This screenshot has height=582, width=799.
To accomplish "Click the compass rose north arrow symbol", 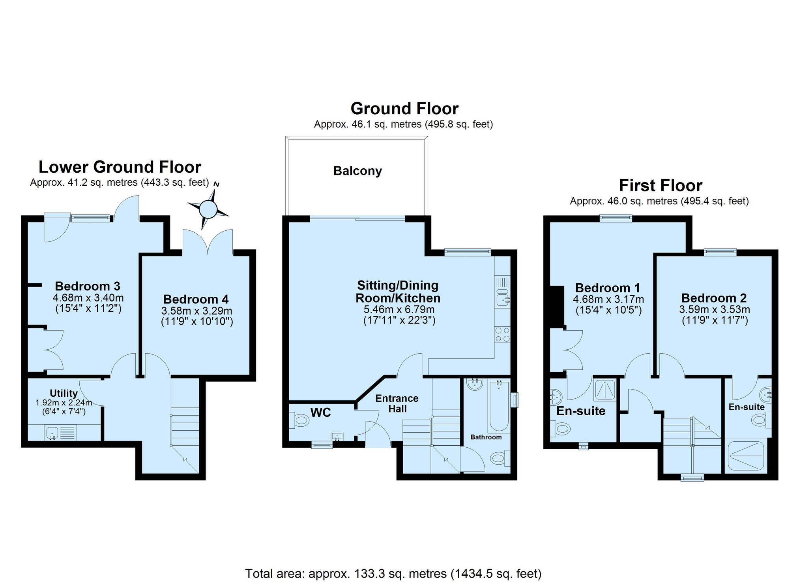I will (208, 209).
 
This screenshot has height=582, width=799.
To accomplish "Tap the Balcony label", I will (357, 171).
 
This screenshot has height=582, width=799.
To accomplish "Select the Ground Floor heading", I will (404, 108).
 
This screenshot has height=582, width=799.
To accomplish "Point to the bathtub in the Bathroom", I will (499, 406).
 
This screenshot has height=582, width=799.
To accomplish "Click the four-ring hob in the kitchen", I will (502, 334).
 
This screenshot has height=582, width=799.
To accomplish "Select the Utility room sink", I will (53, 433).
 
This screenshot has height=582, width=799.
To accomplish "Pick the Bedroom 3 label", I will (88, 286).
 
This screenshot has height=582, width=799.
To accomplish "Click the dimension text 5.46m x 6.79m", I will (399, 309).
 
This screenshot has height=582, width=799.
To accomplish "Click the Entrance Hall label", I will (397, 403).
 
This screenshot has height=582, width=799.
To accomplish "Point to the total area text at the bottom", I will (393, 573).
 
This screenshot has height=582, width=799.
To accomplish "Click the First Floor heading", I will (661, 185).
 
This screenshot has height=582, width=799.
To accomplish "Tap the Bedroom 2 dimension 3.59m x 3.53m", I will (715, 309).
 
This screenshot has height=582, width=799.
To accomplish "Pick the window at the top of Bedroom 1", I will (616, 218).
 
